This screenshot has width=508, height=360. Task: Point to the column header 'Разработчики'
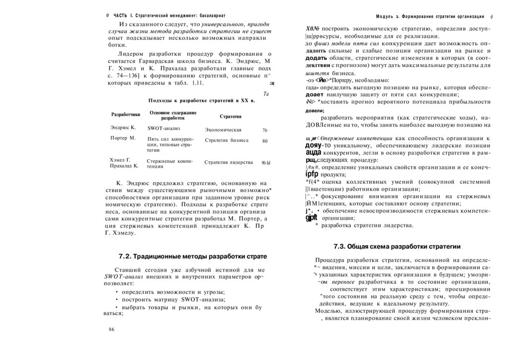tap(126, 115)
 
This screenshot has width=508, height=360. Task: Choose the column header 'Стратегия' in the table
tap(230, 117)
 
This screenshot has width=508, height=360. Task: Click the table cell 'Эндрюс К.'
tap(123, 128)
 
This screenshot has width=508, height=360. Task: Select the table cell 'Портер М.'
tap(123, 138)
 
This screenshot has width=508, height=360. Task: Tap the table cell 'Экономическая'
tap(223, 130)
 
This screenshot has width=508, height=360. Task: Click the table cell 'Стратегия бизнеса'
tap(227, 140)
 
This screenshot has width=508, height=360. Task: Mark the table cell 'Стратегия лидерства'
tap(229, 162)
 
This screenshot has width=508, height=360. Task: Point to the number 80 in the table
tap(265, 141)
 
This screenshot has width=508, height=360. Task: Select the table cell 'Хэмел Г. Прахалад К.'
tap(124, 163)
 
